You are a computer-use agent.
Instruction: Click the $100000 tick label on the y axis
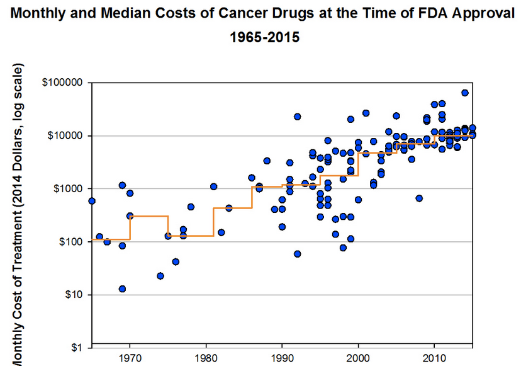pyautogui.click(x=62, y=82)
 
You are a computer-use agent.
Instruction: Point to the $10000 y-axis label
pyautogui.click(x=65, y=135)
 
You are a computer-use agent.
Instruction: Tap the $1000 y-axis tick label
pyautogui.click(x=68, y=188)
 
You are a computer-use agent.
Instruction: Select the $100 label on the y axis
pyautogui.click(x=70, y=241)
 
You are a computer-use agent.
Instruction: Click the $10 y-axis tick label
pyautogui.click(x=74, y=294)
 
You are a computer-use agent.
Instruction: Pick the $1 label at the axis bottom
pyautogui.click(x=77, y=348)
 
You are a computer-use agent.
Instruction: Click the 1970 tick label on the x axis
pyautogui.click(x=130, y=358)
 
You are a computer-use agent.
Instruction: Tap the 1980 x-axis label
pyautogui.click(x=206, y=358)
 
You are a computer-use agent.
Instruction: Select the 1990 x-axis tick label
pyautogui.click(x=282, y=358)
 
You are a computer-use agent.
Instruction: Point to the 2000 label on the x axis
pyautogui.click(x=358, y=358)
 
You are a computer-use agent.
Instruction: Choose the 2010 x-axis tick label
pyautogui.click(x=434, y=358)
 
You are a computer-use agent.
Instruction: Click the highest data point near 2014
pyautogui.click(x=465, y=93)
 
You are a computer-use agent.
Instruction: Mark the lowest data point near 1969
pyautogui.click(x=122, y=289)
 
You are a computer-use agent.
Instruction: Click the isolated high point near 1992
pyautogui.click(x=298, y=117)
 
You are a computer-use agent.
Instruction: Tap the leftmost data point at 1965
pyautogui.click(x=92, y=201)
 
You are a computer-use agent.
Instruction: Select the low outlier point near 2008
pyautogui.click(x=419, y=198)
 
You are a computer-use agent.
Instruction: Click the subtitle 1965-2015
pyautogui.click(x=265, y=37)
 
